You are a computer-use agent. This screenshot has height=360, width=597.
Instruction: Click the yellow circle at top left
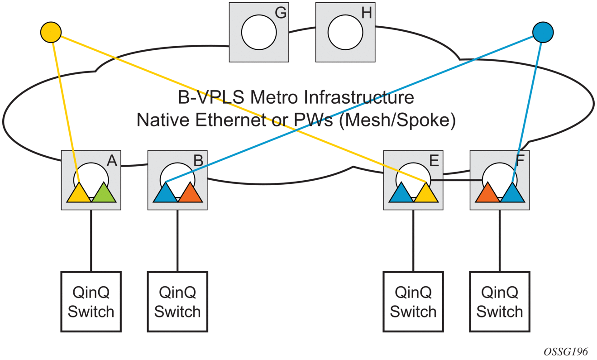click(51, 32)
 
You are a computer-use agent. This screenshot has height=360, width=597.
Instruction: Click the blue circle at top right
click(543, 32)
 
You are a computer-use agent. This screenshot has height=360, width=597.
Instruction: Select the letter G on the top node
click(281, 13)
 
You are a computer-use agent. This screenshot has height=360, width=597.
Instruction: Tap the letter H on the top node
click(366, 13)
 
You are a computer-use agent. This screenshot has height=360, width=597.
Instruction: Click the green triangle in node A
click(104, 194)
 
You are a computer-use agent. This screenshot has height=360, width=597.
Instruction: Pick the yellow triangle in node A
click(79, 194)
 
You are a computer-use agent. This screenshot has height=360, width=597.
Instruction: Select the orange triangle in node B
click(191, 194)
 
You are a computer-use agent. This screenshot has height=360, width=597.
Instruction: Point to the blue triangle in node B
click(166, 194)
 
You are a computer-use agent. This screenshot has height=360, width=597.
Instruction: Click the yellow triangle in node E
click(426, 194)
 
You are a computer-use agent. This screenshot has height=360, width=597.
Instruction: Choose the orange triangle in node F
click(487, 194)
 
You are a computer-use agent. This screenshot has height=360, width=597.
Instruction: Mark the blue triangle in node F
click(512, 194)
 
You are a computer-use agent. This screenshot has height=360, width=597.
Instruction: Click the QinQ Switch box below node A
click(91, 302)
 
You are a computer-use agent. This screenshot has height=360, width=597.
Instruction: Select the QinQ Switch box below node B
click(177, 302)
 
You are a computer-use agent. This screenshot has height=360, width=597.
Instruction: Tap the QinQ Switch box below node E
click(413, 302)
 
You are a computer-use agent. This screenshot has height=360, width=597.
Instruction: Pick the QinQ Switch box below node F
click(500, 302)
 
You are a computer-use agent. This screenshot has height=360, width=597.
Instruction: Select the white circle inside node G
click(258, 33)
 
